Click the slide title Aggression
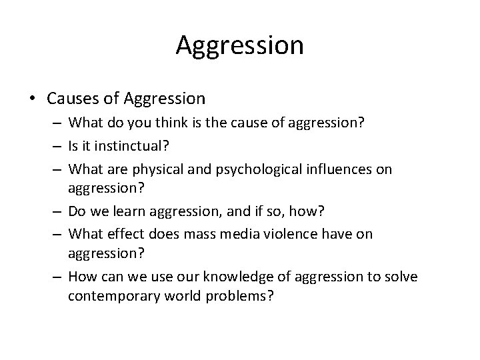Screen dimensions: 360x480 [240, 45]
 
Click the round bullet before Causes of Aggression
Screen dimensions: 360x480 [31, 99]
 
